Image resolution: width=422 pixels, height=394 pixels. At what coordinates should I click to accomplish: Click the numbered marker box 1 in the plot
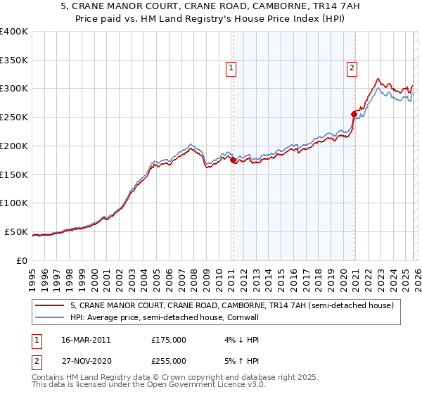(x=231, y=68)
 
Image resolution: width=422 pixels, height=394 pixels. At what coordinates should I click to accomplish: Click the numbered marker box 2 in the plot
(x=351, y=68)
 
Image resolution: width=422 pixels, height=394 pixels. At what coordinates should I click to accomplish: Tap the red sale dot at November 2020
(x=353, y=113)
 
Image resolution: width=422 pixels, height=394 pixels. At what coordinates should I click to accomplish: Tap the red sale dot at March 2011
(x=233, y=160)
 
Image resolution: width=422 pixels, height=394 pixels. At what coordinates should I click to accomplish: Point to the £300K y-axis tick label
(x=14, y=89)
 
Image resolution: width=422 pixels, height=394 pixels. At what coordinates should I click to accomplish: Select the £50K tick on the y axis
(x=17, y=231)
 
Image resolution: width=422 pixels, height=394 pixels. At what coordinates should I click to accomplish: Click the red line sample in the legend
(x=50, y=305)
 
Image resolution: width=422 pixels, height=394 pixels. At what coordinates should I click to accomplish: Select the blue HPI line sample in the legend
(x=50, y=317)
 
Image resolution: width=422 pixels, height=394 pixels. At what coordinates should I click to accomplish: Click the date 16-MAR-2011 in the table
(x=85, y=340)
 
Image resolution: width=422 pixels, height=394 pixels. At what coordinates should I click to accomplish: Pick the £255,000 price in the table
(x=169, y=360)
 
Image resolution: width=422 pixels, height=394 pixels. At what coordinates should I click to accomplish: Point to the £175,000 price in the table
(x=169, y=340)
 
